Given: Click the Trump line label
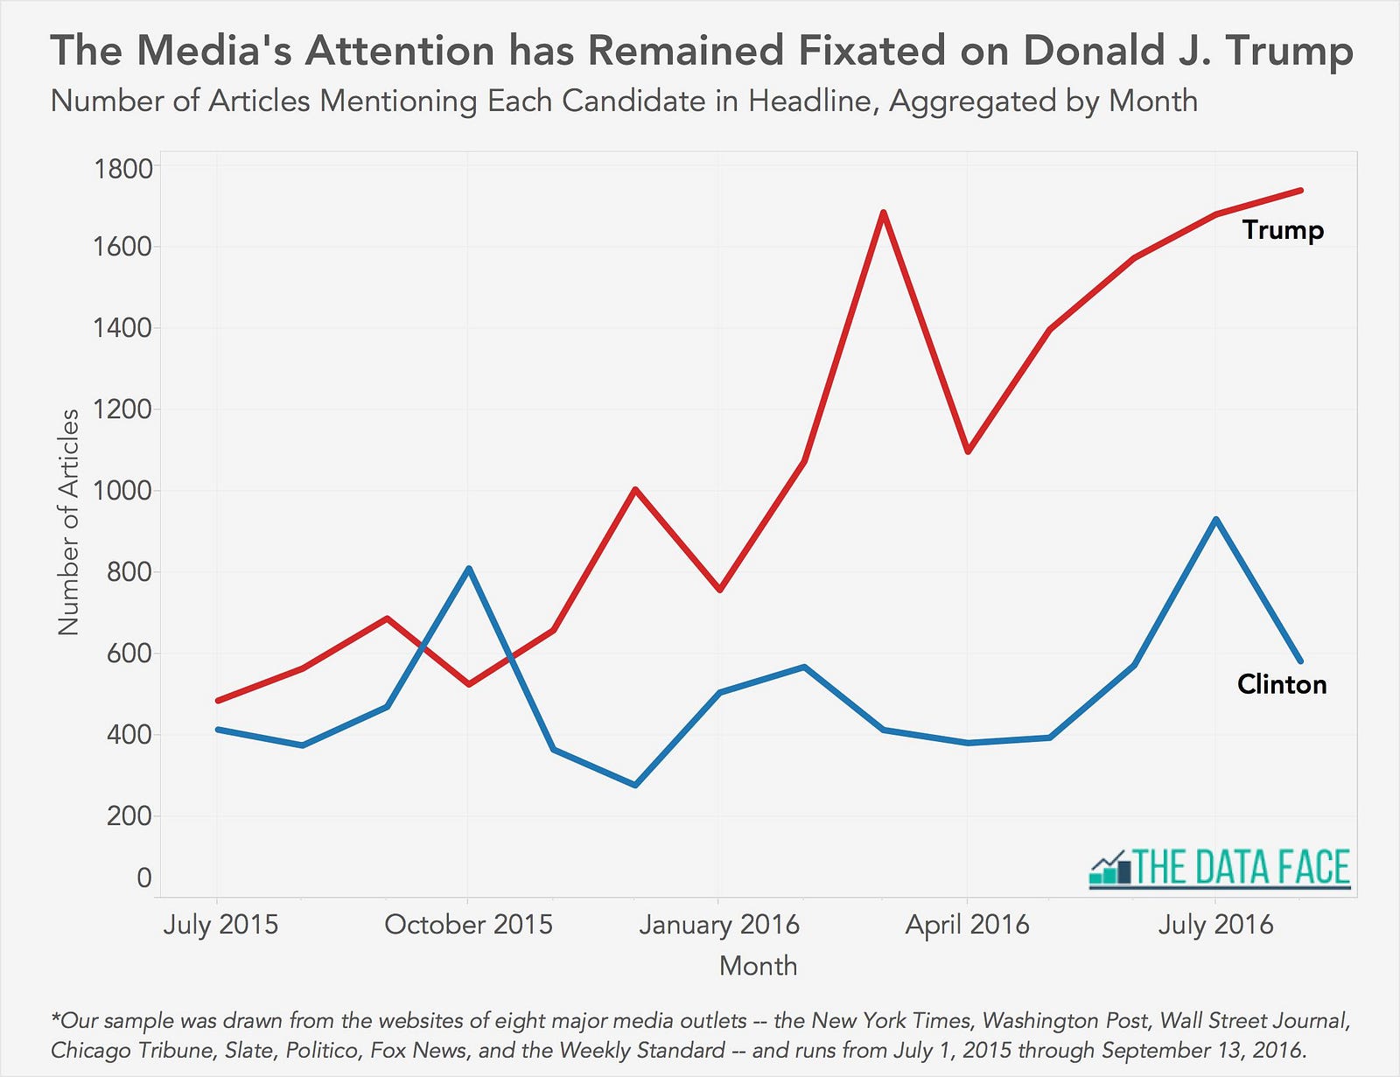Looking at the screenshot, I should coord(1283,230).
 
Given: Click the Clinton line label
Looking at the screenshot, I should coord(1282,684).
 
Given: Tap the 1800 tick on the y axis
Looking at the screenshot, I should coord(122,168).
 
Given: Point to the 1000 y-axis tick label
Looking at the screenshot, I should coord(122,491).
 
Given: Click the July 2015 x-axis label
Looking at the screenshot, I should coord(220,925).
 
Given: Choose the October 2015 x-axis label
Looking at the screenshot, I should coord(468,925).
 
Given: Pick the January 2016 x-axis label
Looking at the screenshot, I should coord(719,925).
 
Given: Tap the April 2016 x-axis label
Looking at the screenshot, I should coord(967,925).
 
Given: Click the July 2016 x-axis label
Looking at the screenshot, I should coord(1215,925).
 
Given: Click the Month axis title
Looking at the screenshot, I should coord(758,966).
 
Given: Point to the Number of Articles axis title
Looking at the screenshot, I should coord(68,522).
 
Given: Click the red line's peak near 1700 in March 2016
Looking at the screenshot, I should coord(883,213).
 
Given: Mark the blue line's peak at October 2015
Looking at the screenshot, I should coord(469,569).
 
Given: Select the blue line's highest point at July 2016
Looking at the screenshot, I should coord(1215,520).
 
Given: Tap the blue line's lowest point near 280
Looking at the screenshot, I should coord(635,785).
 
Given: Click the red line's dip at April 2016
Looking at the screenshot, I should coord(967,451).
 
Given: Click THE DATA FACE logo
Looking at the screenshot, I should coord(1220,868).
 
